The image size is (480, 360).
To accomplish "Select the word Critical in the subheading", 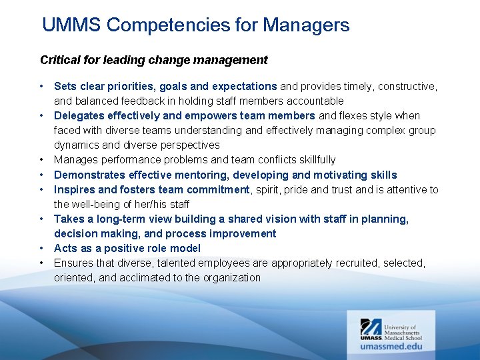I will click(59, 60).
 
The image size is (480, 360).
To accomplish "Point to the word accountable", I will click(315, 101).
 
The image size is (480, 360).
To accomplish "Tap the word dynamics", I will click(76, 145).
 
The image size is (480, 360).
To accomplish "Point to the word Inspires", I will click(75, 189).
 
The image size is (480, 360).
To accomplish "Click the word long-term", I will click(117, 219).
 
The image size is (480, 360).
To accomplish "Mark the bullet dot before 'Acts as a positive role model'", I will click(41, 248).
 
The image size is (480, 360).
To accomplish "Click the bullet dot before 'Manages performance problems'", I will click(41, 159).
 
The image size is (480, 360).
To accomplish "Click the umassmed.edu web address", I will click(391, 346).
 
